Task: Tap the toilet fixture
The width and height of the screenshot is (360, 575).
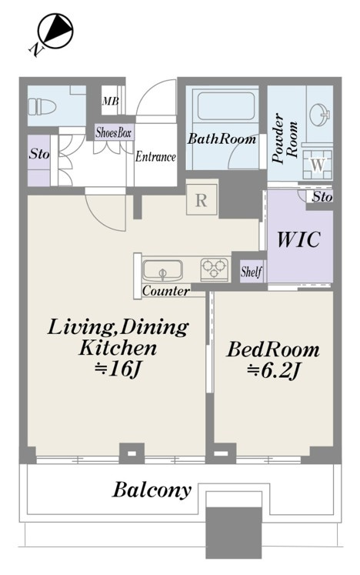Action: (x=42, y=106)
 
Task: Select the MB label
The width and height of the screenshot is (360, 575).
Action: (x=110, y=101)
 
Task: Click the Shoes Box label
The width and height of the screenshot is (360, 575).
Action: (x=114, y=132)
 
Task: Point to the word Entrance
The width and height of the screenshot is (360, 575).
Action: (x=155, y=157)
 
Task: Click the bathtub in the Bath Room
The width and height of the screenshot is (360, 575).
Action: (x=226, y=105)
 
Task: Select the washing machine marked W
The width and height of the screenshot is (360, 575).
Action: (x=318, y=164)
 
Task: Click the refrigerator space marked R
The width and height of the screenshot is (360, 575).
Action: (x=202, y=200)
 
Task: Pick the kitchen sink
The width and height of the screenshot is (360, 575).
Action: (x=162, y=269)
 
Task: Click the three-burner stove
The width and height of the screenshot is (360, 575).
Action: (x=214, y=269)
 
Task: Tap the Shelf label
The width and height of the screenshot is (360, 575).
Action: (x=252, y=272)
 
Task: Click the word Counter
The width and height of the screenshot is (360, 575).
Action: (x=166, y=291)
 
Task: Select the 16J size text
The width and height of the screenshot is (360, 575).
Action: (x=117, y=369)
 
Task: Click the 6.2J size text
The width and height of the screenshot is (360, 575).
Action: (x=273, y=371)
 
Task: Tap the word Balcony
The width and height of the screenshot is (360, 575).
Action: (x=152, y=490)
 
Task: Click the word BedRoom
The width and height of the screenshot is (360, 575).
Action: (x=273, y=349)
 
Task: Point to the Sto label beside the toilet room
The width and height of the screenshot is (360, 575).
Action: (x=39, y=154)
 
